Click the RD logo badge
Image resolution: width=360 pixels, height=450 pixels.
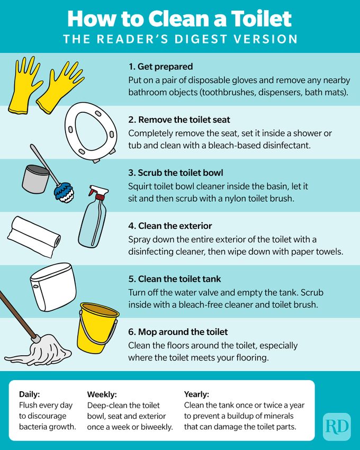coord(336,426)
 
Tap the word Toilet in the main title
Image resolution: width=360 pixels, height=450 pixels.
coord(257,19)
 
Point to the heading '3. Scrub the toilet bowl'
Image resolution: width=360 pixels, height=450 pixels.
coord(176,173)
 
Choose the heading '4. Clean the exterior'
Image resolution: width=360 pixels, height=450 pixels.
coord(169,226)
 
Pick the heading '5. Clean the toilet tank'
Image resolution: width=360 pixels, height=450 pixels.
coord(175,279)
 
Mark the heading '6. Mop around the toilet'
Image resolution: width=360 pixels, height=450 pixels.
coord(178,332)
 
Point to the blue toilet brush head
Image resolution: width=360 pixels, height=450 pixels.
coord(65,191)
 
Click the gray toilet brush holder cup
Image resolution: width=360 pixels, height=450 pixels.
coord(35,178)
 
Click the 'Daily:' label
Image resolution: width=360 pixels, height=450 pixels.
coord(30,394)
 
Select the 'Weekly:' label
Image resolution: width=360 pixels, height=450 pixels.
coord(102,394)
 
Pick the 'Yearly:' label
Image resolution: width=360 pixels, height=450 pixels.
coord(196,394)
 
